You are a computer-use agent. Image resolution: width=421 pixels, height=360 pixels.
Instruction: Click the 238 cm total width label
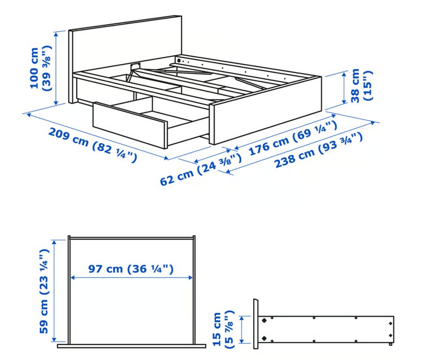[319, 150]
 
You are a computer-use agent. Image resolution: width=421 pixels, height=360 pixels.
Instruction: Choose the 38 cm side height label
[361, 86]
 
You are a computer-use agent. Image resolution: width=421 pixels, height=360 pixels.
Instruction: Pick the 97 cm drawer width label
[131, 269]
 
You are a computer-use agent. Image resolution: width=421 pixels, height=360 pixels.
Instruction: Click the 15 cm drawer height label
[223, 329]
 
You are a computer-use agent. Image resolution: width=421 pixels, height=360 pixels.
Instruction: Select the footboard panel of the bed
[266, 110]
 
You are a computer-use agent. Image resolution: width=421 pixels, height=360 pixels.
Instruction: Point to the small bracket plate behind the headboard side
[136, 66]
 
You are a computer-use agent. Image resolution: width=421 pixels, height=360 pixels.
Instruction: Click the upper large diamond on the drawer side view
[264, 321]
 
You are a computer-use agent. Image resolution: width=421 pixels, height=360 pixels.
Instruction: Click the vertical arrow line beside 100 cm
[56, 68]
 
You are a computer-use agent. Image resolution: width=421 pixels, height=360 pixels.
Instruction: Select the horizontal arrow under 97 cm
[132, 278]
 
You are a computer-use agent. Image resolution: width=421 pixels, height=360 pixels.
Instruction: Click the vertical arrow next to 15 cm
[242, 330]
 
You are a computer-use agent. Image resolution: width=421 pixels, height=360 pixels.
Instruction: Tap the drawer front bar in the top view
[132, 346]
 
